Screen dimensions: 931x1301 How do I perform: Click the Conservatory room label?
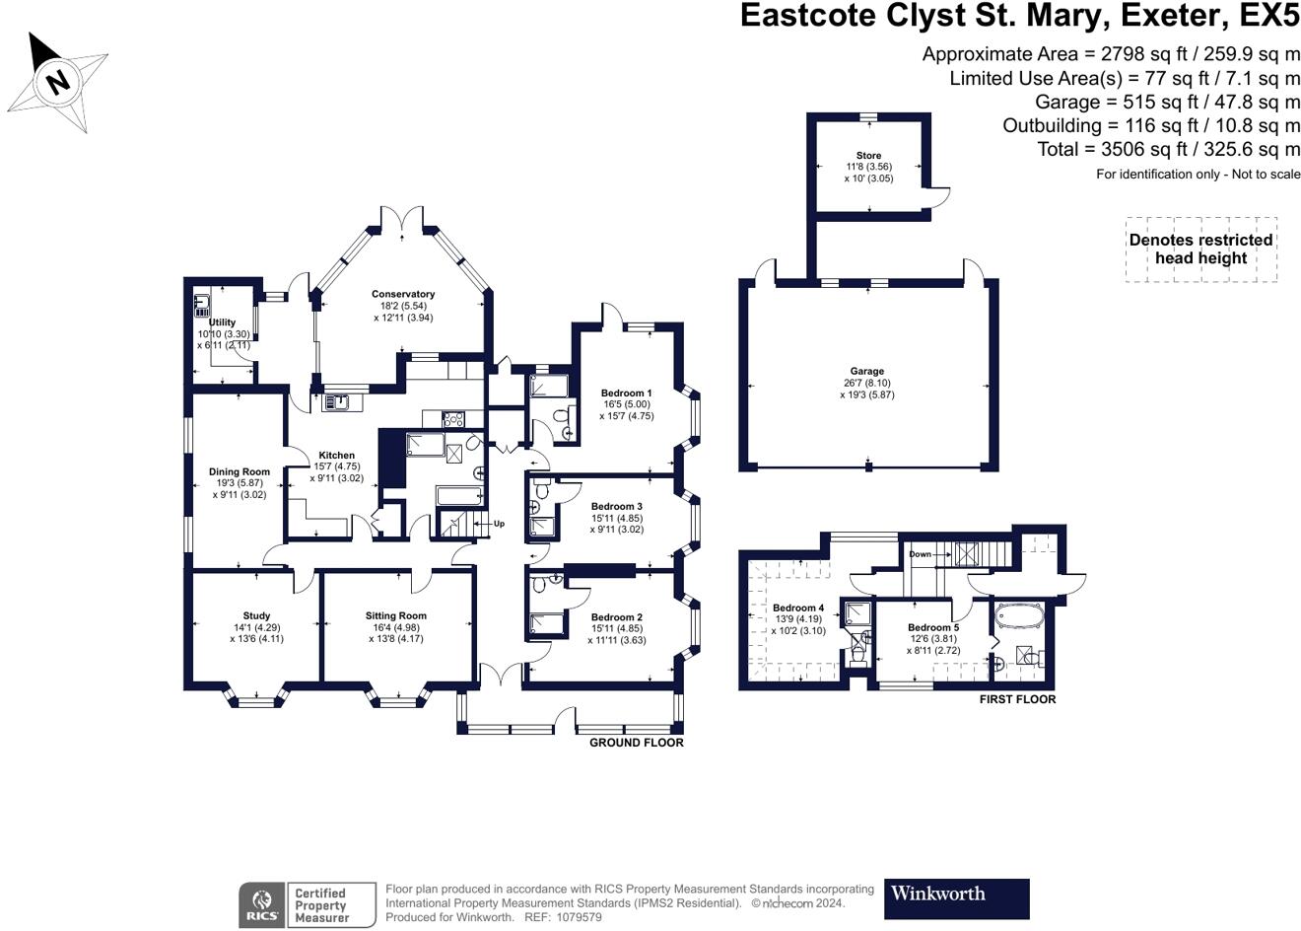403,294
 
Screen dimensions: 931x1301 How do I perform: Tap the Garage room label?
867,372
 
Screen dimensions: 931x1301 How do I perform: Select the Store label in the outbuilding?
868,156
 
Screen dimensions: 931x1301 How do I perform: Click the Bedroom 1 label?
626,394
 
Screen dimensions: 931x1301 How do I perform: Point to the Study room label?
256,616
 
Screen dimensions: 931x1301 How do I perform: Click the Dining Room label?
239,472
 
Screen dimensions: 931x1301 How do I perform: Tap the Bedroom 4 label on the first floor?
797,609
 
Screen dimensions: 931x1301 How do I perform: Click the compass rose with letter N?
59,81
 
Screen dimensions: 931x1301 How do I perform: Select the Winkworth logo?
956,898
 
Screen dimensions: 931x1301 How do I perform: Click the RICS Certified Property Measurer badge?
308,904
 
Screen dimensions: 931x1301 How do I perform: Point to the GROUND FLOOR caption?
636,743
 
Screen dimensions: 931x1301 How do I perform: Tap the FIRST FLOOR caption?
1017,699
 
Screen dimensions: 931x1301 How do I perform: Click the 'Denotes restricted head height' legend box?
1200,250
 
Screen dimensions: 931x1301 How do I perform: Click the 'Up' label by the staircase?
499,524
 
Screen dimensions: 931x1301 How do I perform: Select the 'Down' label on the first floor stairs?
920,554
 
